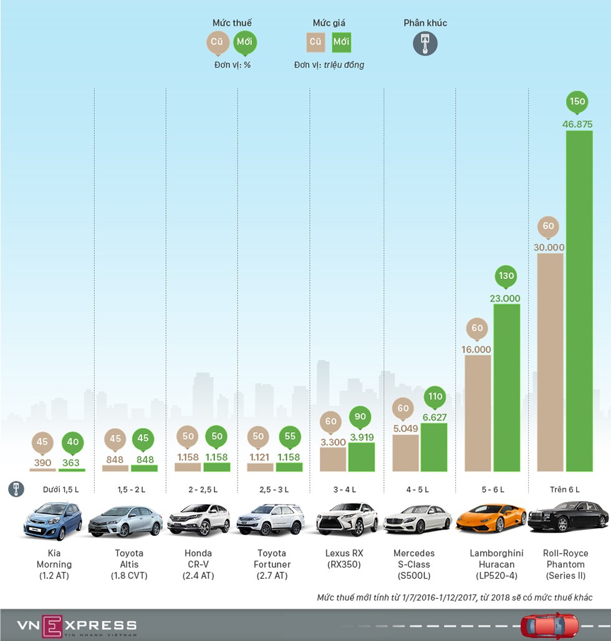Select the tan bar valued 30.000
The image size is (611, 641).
coord(549,361)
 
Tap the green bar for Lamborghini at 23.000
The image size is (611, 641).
coord(506,386)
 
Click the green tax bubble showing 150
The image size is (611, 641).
coord(578,102)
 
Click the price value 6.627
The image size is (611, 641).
coord(434,417)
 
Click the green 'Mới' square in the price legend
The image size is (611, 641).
coord(341,42)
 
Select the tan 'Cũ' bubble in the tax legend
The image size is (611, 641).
coord(218,42)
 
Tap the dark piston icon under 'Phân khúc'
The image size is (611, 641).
coord(425,44)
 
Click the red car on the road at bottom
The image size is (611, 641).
coord(549,625)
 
